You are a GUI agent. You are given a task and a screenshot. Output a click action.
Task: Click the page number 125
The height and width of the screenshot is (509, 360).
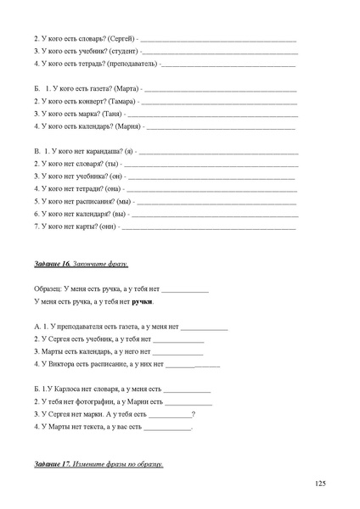[319, 483]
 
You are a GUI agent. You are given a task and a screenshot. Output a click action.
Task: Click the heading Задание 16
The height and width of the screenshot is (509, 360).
[52, 265]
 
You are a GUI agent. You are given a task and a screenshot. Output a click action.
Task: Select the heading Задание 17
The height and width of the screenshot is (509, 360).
[52, 464]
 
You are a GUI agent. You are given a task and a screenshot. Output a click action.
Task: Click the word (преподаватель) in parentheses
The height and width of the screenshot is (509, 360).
[131, 64]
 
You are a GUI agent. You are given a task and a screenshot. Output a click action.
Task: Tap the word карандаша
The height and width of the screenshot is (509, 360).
[103, 150]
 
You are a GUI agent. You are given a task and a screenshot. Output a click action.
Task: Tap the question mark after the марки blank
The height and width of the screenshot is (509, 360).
[194, 413]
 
